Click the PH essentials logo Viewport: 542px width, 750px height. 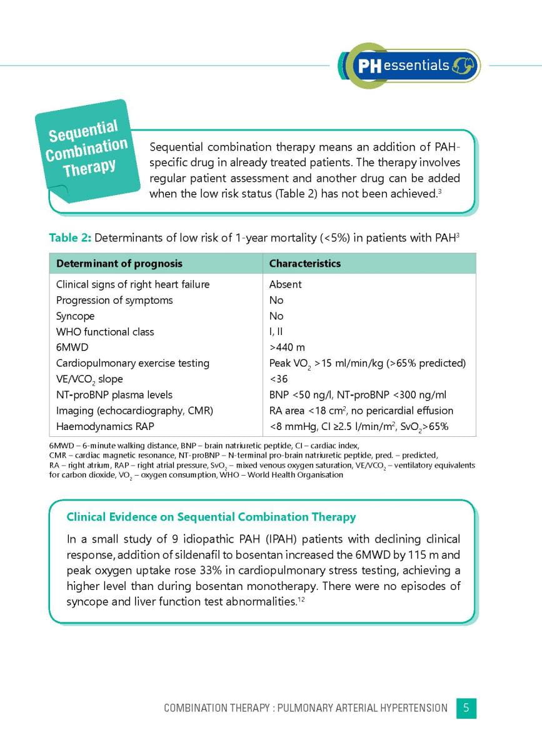point(409,65)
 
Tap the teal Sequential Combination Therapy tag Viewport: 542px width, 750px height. point(86,149)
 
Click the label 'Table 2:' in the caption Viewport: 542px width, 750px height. point(70,237)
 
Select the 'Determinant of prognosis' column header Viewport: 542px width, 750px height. point(119,264)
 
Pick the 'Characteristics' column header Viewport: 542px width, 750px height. point(304,264)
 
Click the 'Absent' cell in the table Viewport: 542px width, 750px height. point(285,284)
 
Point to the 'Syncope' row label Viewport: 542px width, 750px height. point(75,316)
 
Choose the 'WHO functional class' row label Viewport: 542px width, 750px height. point(105,332)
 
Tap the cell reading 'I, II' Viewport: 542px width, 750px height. point(276,332)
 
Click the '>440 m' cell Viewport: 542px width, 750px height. point(287,347)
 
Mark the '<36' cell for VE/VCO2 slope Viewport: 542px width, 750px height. point(278,379)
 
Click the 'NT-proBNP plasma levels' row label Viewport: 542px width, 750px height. point(114,395)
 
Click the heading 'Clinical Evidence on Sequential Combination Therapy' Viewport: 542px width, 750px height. point(211,517)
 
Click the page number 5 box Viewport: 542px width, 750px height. point(466,708)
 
